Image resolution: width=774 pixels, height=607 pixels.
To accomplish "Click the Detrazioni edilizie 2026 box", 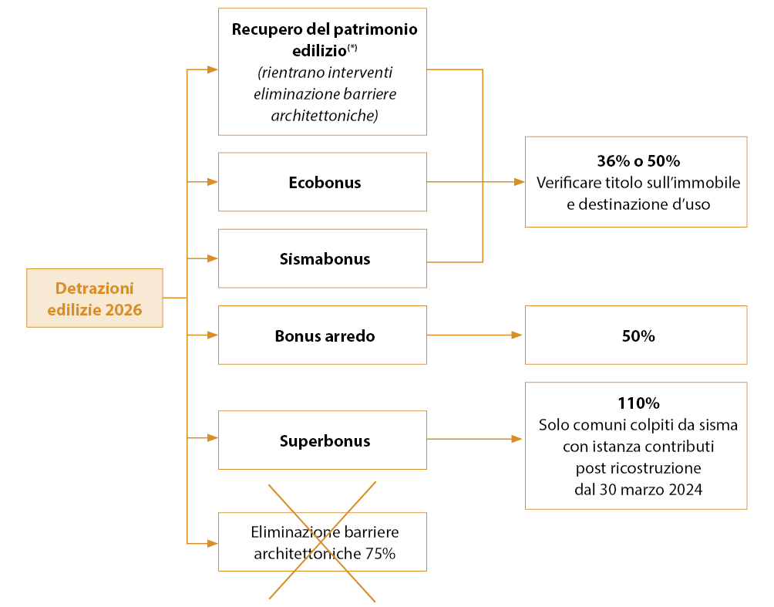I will pos(94,298).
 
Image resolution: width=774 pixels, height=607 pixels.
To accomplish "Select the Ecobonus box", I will pos(322,183).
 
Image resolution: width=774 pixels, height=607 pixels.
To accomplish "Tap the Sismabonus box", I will pos(322,259).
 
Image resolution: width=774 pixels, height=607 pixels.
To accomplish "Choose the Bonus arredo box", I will pos(322,336).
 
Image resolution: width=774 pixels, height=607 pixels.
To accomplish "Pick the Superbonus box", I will pos(322,440).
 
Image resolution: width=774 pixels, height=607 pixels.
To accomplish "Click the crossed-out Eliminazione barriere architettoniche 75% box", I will pos(322,542).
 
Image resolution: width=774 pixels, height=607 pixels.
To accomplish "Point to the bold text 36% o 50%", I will pos(637,162).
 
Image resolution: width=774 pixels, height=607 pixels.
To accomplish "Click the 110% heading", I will pos(637,403).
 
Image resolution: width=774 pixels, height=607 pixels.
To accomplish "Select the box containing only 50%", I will pos(637,336).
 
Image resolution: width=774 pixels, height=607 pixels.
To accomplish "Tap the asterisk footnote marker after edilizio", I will pos(352,48).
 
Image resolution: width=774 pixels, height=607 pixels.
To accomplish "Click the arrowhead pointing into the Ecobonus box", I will pos(213,183).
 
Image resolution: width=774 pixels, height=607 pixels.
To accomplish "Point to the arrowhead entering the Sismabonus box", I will pos(213,258).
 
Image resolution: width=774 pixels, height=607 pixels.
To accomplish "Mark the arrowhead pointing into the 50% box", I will pos(517,336).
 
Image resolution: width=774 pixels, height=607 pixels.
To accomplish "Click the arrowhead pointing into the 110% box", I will pos(517,440).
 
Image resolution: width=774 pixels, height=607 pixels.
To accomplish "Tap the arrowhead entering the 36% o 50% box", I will pos(517,183).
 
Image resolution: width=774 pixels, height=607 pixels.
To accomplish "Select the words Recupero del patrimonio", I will pos(324,30).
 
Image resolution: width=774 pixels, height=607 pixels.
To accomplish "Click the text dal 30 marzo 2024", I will pos(637,489).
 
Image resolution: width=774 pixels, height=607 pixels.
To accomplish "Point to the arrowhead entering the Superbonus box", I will pos(213,438).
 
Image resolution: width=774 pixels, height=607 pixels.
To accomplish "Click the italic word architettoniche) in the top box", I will pos(324,116).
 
